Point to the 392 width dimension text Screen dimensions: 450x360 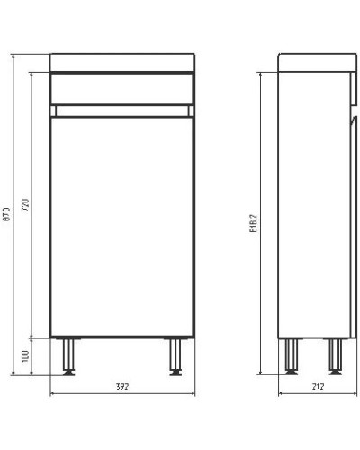pyautogui.click(x=122, y=387)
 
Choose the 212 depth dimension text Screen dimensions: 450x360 pyautogui.click(x=315, y=387)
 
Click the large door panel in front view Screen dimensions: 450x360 pyautogui.click(x=122, y=225)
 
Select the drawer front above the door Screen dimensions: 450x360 pyautogui.click(x=122, y=88)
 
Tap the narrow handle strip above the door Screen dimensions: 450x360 pyautogui.click(x=122, y=110)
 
